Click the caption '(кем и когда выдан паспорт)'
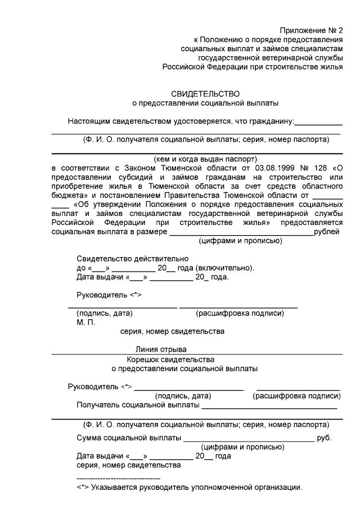[x=205, y=159]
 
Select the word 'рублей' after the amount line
[x=326, y=232]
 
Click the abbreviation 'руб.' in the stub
[x=325, y=438]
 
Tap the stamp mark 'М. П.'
[x=86, y=322]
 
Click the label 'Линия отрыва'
[x=161, y=349]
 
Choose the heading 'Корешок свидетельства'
[x=170, y=359]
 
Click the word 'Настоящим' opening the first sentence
[x=88, y=121]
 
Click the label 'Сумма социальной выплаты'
[x=128, y=438]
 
